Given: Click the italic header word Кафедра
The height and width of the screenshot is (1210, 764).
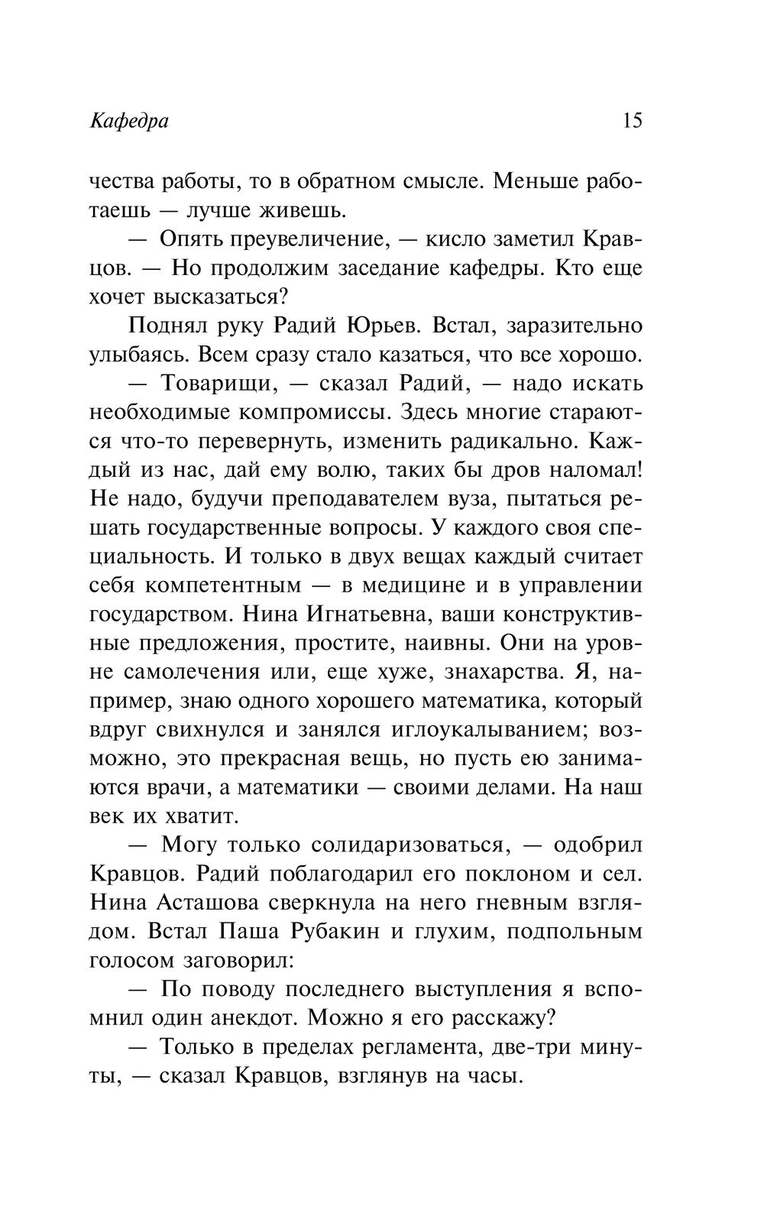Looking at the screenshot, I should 128,122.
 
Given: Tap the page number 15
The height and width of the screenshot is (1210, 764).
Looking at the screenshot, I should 633,121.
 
